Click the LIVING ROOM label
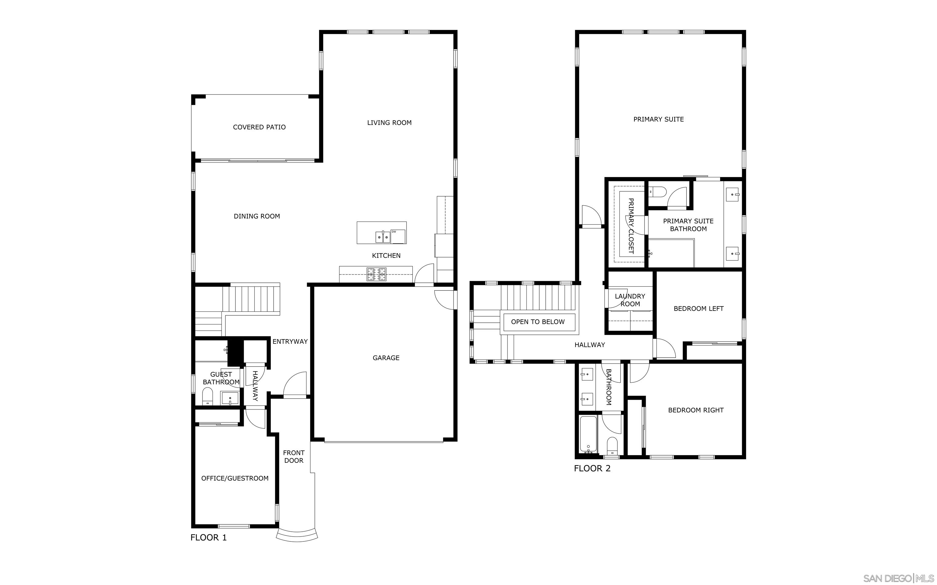click(x=389, y=123)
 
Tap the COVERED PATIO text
click(x=259, y=127)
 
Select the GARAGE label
click(x=386, y=358)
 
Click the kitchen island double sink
click(x=382, y=237)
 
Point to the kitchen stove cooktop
click(x=376, y=274)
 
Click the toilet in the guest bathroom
click(x=207, y=397)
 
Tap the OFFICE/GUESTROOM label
click(x=235, y=479)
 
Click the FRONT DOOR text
click(x=293, y=456)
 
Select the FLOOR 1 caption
click(x=208, y=537)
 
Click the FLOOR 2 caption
click(x=592, y=469)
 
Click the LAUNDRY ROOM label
click(x=630, y=300)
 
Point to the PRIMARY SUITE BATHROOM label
click(x=688, y=225)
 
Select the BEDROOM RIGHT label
click(x=696, y=410)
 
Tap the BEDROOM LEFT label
click(x=698, y=309)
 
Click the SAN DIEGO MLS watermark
click(x=898, y=578)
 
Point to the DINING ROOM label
click(x=257, y=216)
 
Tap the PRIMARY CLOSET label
click(x=631, y=226)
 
